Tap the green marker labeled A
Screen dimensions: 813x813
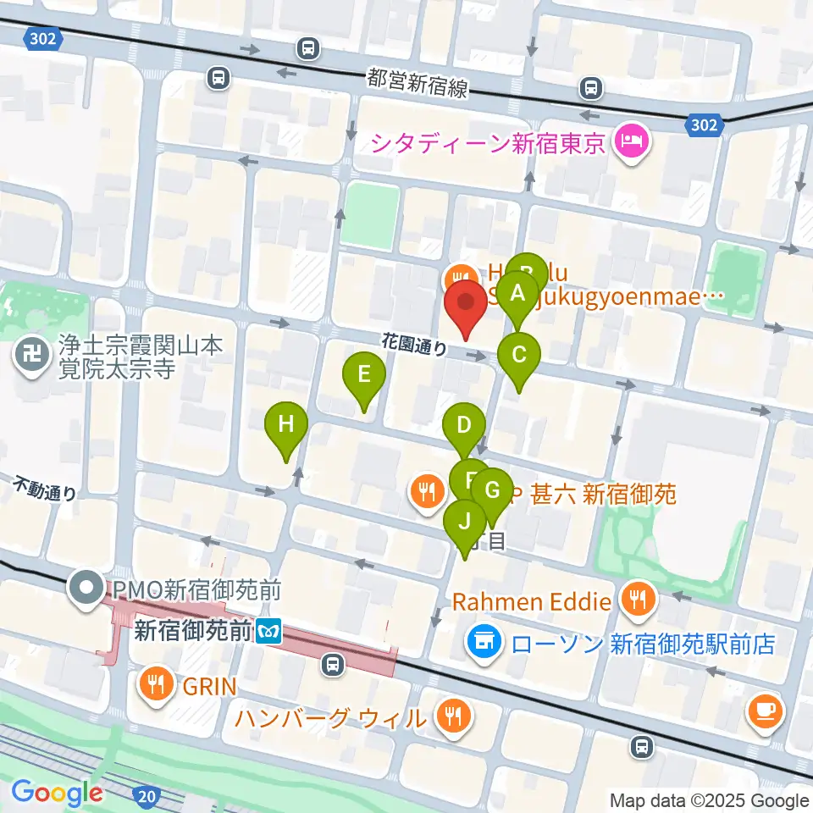[x=517, y=296]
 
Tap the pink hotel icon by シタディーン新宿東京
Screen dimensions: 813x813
[x=631, y=138]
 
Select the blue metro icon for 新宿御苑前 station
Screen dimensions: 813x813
[x=269, y=631]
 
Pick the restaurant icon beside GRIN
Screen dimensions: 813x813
[x=156, y=683]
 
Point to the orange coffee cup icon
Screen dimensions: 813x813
[x=767, y=711]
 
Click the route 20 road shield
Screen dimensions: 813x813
[x=146, y=795]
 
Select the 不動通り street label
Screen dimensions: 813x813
[x=45, y=490]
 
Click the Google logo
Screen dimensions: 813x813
[x=57, y=792]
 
